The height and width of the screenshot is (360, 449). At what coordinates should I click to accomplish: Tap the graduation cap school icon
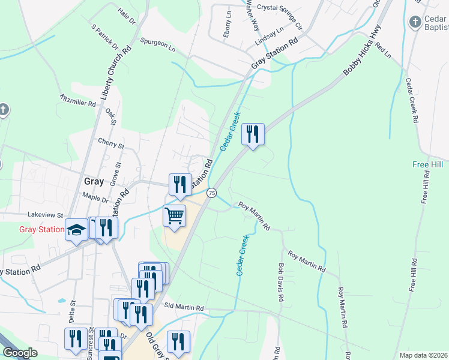(x=77, y=230)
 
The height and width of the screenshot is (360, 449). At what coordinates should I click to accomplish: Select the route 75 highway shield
(x=211, y=193)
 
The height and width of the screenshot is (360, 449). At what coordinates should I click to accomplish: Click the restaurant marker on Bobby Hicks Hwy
(x=253, y=133)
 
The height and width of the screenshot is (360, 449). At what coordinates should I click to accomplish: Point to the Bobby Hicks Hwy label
(x=362, y=53)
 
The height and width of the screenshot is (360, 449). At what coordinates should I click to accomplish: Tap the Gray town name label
(x=94, y=181)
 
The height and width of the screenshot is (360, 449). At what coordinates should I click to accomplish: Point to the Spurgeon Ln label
(x=158, y=43)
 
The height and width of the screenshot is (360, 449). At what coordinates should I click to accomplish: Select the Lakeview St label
(x=45, y=215)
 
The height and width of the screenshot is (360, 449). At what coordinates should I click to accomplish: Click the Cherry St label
(x=111, y=145)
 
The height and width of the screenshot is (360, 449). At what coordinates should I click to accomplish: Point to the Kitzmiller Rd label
(x=78, y=100)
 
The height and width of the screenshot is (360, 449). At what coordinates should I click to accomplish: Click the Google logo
(x=20, y=353)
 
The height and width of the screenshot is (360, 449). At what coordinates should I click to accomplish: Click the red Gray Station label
(x=41, y=229)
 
